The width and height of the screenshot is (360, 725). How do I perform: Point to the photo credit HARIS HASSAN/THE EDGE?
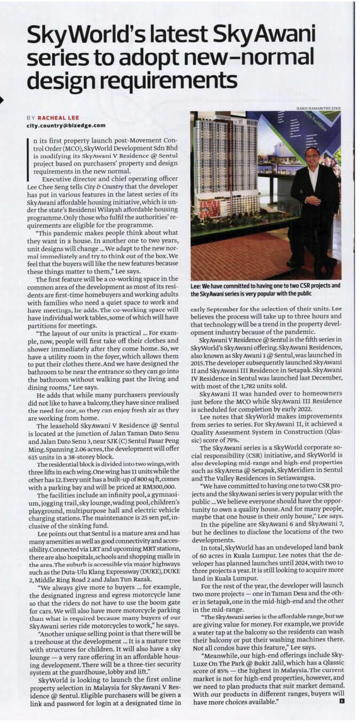click(x=318, y=109)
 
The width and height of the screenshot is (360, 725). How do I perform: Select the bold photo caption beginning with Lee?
click(x=265, y=289)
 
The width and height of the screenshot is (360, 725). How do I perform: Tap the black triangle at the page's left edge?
click(x=2, y=99)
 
